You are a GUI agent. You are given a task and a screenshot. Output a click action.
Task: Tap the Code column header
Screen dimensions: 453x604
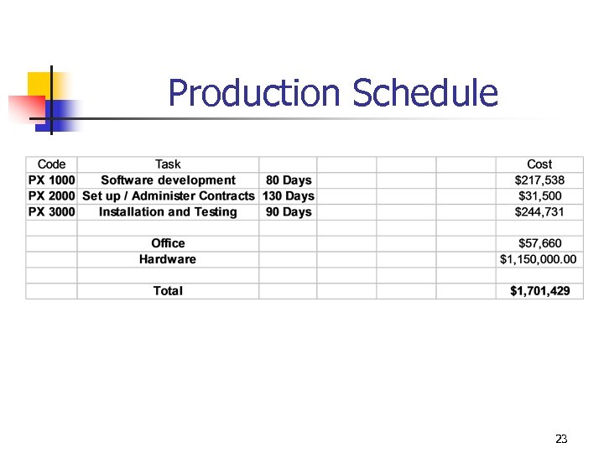pyautogui.click(x=51, y=164)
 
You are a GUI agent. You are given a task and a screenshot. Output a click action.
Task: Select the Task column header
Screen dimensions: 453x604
pyautogui.click(x=168, y=164)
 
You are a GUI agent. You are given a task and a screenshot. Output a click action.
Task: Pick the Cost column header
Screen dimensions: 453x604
pyautogui.click(x=539, y=164)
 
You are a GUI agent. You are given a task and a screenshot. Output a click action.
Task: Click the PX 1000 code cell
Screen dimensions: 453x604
pyautogui.click(x=51, y=180)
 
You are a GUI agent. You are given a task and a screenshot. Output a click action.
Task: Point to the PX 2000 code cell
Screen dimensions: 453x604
pyautogui.click(x=51, y=196)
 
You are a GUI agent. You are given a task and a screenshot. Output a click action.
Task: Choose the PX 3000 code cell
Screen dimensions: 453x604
pyautogui.click(x=51, y=212)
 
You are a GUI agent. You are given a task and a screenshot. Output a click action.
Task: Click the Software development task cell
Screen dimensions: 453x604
pyautogui.click(x=168, y=180)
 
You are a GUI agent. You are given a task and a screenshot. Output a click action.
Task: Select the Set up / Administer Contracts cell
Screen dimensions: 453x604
pyautogui.click(x=168, y=196)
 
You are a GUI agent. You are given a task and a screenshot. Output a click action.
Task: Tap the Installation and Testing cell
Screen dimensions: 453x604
pyautogui.click(x=168, y=212)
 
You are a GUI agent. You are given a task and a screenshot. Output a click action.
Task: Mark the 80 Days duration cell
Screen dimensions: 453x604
pyautogui.click(x=289, y=180)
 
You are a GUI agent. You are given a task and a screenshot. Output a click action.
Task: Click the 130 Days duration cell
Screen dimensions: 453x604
pyautogui.click(x=289, y=196)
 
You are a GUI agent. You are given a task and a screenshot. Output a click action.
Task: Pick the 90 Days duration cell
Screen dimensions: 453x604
pyautogui.click(x=289, y=212)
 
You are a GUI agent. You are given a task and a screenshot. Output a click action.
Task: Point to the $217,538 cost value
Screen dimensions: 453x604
pyautogui.click(x=539, y=180)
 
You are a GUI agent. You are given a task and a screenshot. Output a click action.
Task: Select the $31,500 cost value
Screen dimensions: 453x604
pyautogui.click(x=539, y=196)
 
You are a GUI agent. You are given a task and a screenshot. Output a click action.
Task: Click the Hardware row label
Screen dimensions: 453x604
pyautogui.click(x=168, y=259)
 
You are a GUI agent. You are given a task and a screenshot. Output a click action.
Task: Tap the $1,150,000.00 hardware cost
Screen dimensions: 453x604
pyautogui.click(x=539, y=259)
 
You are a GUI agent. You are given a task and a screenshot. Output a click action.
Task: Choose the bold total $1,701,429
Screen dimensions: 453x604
pyautogui.click(x=539, y=291)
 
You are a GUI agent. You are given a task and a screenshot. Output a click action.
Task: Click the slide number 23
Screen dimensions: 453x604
pyautogui.click(x=561, y=439)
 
